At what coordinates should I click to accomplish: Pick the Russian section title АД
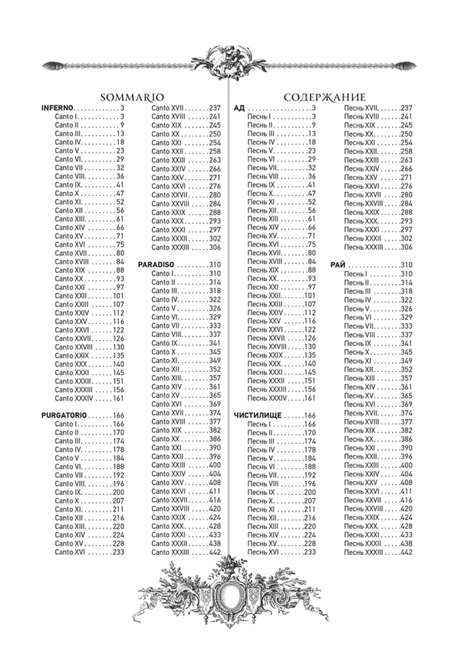[x=238, y=108]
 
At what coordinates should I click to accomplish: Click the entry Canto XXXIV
[x=73, y=398]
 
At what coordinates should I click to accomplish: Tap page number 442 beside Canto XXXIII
[x=214, y=553]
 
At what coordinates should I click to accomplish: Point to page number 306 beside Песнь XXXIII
[x=405, y=247]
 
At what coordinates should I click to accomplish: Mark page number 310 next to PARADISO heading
[x=214, y=264]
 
